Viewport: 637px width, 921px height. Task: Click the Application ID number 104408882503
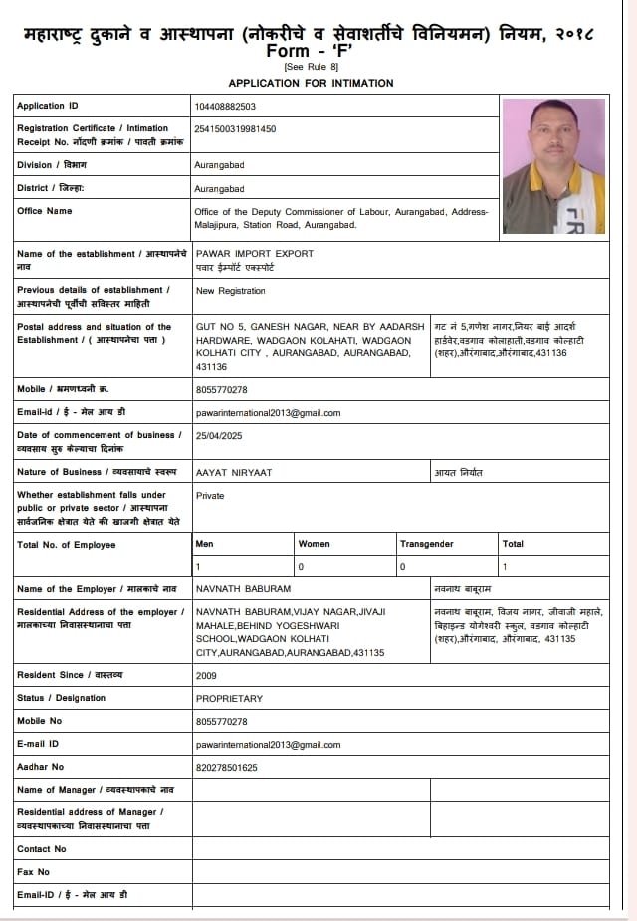(x=226, y=106)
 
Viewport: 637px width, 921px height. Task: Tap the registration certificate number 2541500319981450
(x=236, y=128)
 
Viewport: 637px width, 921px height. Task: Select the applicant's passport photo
(x=553, y=165)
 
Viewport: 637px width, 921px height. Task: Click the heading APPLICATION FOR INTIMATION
(x=311, y=83)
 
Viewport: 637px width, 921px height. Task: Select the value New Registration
(x=231, y=291)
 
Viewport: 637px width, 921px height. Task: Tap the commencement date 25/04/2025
(x=219, y=436)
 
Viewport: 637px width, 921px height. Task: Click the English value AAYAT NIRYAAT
(x=234, y=472)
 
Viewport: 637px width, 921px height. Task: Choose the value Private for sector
(x=210, y=495)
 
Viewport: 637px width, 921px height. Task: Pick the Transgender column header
(x=426, y=544)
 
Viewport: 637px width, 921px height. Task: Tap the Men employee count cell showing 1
(x=199, y=567)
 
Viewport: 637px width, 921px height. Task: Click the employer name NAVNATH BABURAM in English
(x=243, y=589)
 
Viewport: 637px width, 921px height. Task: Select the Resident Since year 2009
(x=206, y=675)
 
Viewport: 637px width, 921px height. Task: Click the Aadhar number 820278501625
(x=227, y=767)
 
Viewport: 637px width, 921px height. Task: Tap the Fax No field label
(x=33, y=872)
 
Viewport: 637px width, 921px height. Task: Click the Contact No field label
(x=41, y=849)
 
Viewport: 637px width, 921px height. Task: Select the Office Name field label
(x=45, y=211)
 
